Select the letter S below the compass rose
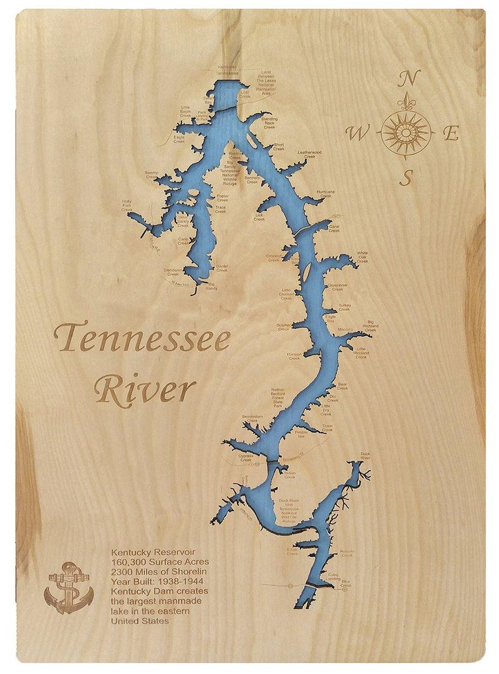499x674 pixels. pos(406,178)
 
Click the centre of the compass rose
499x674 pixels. pos(406,131)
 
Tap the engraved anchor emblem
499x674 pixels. pos(69,587)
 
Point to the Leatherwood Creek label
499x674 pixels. pos(309,154)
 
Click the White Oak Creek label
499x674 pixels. pos(362,257)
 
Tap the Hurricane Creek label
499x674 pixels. pos(326,193)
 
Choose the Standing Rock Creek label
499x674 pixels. pos(269,122)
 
